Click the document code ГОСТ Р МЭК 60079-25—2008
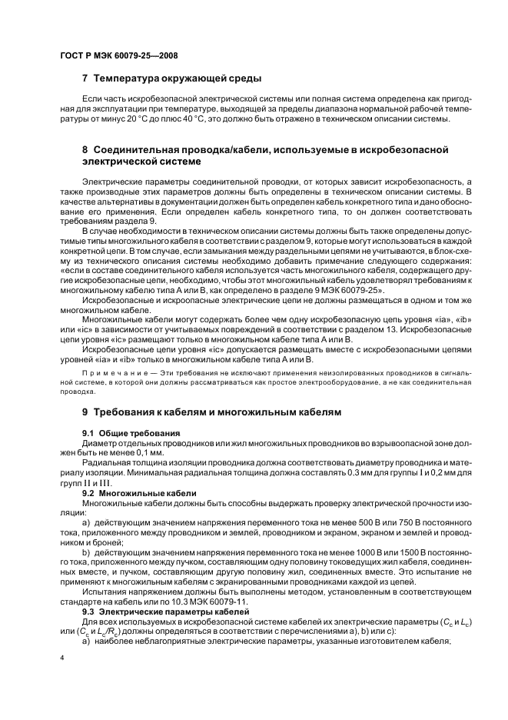click(x=108, y=56)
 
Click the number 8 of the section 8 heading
click(x=85, y=148)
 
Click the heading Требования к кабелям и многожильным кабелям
click(x=217, y=412)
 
